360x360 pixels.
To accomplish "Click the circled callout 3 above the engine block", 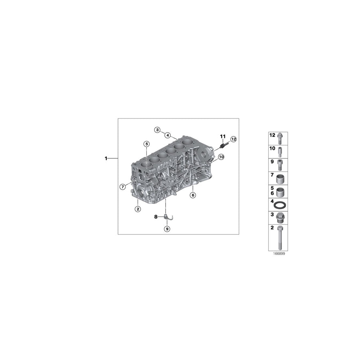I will click(x=158, y=130).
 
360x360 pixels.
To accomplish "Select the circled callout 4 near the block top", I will click(x=167, y=135).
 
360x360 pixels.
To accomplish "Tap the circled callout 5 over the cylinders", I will click(x=147, y=144).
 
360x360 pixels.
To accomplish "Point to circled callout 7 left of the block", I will click(x=123, y=186).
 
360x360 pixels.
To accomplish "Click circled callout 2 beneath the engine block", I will click(x=137, y=208).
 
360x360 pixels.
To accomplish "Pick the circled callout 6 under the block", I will click(x=193, y=195).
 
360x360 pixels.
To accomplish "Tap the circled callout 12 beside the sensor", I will click(x=233, y=139).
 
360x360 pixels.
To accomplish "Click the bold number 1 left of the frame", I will click(x=106, y=159).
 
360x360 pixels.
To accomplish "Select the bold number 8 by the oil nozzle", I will click(x=156, y=216).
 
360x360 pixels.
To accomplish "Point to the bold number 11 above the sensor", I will click(x=223, y=137).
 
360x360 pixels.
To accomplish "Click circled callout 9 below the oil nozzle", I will click(x=167, y=229).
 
